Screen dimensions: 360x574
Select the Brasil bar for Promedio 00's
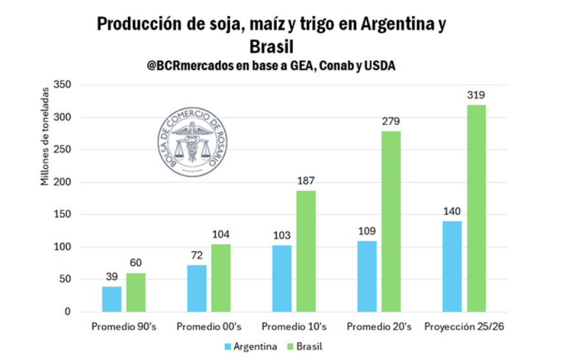[x=221, y=278]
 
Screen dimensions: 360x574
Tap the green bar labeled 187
[x=306, y=251]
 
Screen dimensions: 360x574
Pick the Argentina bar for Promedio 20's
[x=367, y=276]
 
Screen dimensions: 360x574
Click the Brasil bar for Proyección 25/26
[x=476, y=208]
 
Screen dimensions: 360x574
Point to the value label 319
[x=476, y=95]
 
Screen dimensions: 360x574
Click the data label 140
[x=452, y=211]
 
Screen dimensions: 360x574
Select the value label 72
[x=197, y=255]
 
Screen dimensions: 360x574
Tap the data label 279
[x=391, y=122]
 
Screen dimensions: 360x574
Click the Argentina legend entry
[x=250, y=346]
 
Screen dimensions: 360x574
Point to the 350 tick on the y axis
[x=62, y=85]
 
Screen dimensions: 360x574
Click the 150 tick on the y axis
[x=62, y=214]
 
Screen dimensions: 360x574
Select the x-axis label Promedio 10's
[x=294, y=327]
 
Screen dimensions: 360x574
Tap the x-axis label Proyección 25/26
[x=464, y=327]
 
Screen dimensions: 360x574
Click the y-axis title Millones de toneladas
[x=45, y=137]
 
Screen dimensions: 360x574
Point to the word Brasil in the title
[x=271, y=47]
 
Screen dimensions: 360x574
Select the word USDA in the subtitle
[x=378, y=66]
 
